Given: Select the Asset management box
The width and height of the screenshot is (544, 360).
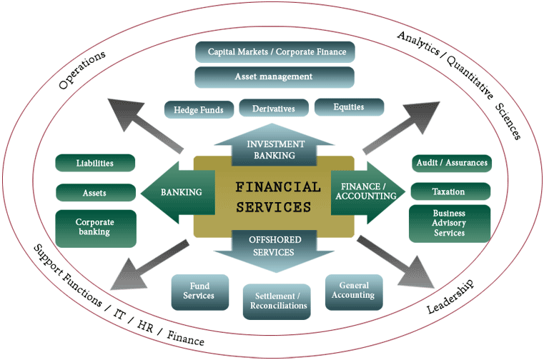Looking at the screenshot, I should pyautogui.click(x=274, y=76).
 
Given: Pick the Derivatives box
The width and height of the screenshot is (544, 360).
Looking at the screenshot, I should pyautogui.click(x=274, y=109).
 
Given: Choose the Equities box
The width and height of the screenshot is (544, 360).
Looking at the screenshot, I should pyautogui.click(x=349, y=107).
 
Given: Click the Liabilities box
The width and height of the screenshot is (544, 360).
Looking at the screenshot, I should pyautogui.click(x=95, y=163).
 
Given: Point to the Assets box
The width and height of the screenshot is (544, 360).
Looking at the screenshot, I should pyautogui.click(x=95, y=192).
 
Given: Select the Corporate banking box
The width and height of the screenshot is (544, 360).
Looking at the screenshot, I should pyautogui.click(x=95, y=227).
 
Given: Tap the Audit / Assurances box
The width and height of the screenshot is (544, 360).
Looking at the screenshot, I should pyautogui.click(x=451, y=163).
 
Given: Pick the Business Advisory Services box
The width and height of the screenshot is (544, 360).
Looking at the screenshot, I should pyautogui.click(x=449, y=223).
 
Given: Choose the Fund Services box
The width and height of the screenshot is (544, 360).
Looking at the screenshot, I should pyautogui.click(x=199, y=291).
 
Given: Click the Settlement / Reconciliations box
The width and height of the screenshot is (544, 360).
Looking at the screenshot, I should pyautogui.click(x=279, y=301).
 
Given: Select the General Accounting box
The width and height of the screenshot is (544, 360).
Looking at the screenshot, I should pyautogui.click(x=354, y=290).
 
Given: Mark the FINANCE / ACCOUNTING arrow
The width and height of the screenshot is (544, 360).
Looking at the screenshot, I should pyautogui.click(x=364, y=191).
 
